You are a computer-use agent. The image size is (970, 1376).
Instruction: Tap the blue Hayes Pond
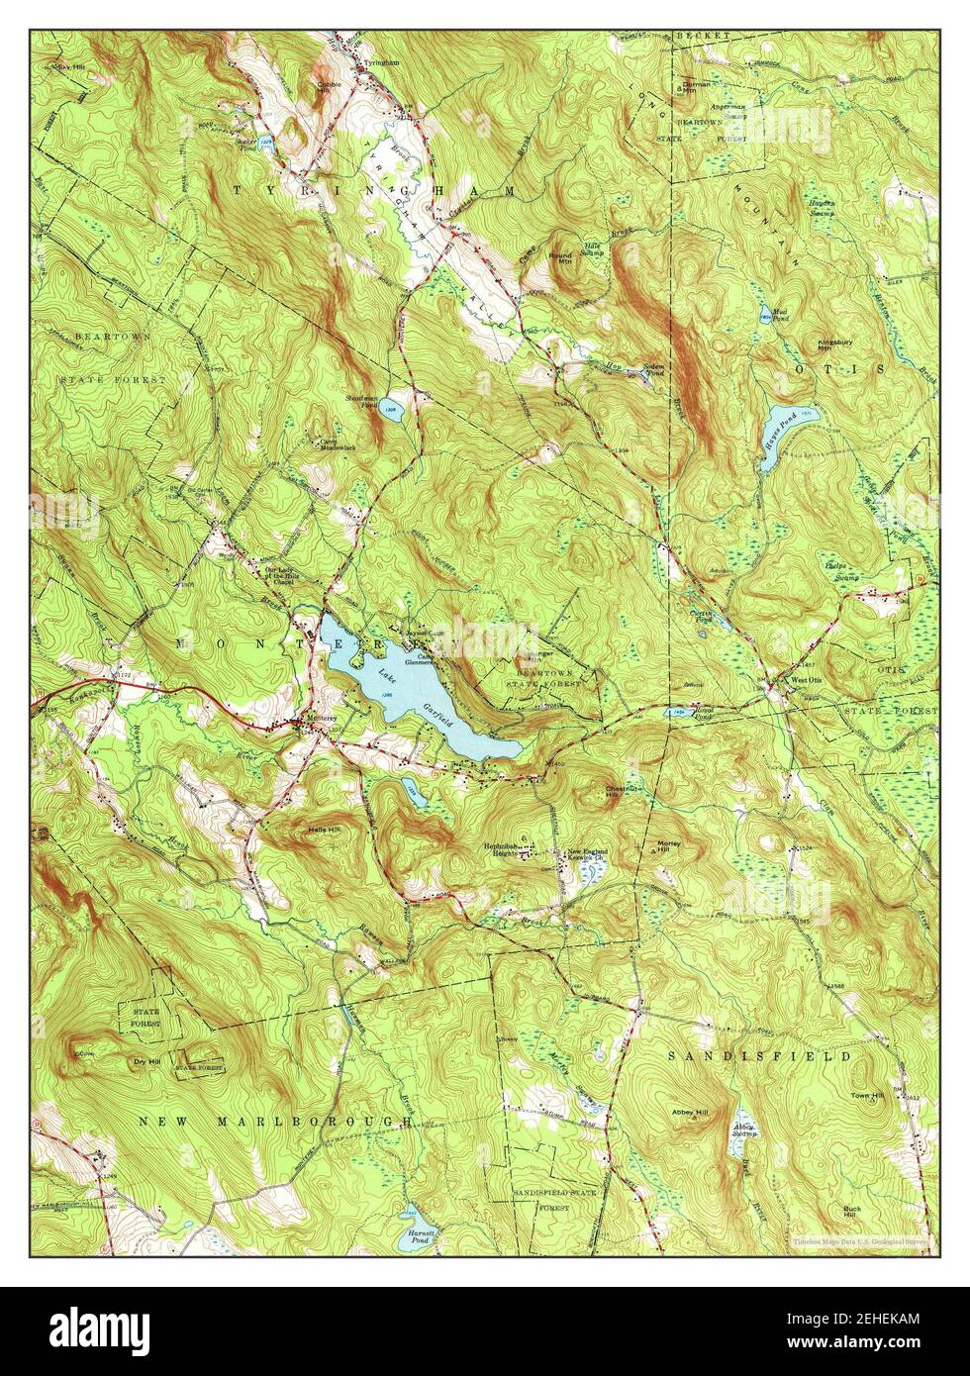coord(778,422)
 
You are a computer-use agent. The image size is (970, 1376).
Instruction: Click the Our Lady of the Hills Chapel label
coord(280,574)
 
